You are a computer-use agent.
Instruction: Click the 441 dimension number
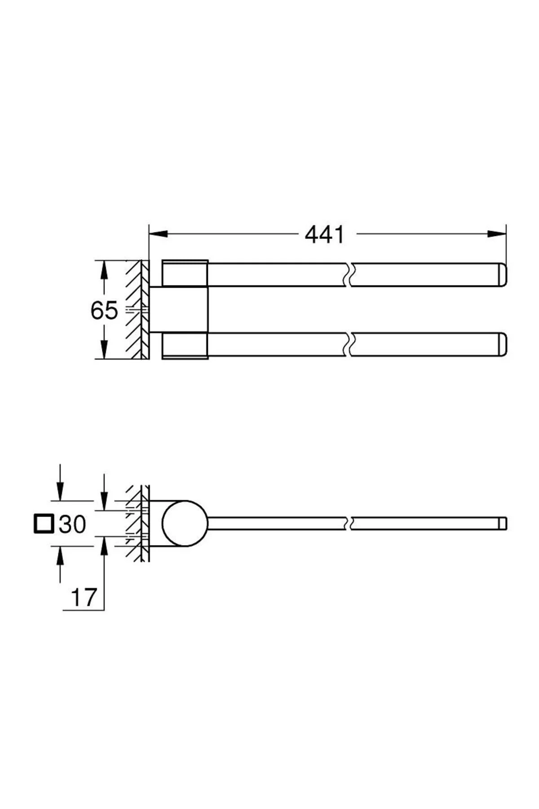[325, 234]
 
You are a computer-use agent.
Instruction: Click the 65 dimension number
[104, 310]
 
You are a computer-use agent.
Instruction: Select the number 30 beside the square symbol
[72, 524]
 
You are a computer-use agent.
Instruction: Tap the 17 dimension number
[84, 597]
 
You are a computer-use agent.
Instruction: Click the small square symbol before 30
[44, 524]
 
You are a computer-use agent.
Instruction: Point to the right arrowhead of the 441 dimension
[497, 234]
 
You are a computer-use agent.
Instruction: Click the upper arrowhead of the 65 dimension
[104, 270]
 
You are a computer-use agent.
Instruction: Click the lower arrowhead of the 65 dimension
[104, 349]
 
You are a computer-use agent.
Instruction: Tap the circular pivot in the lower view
[185, 523]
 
